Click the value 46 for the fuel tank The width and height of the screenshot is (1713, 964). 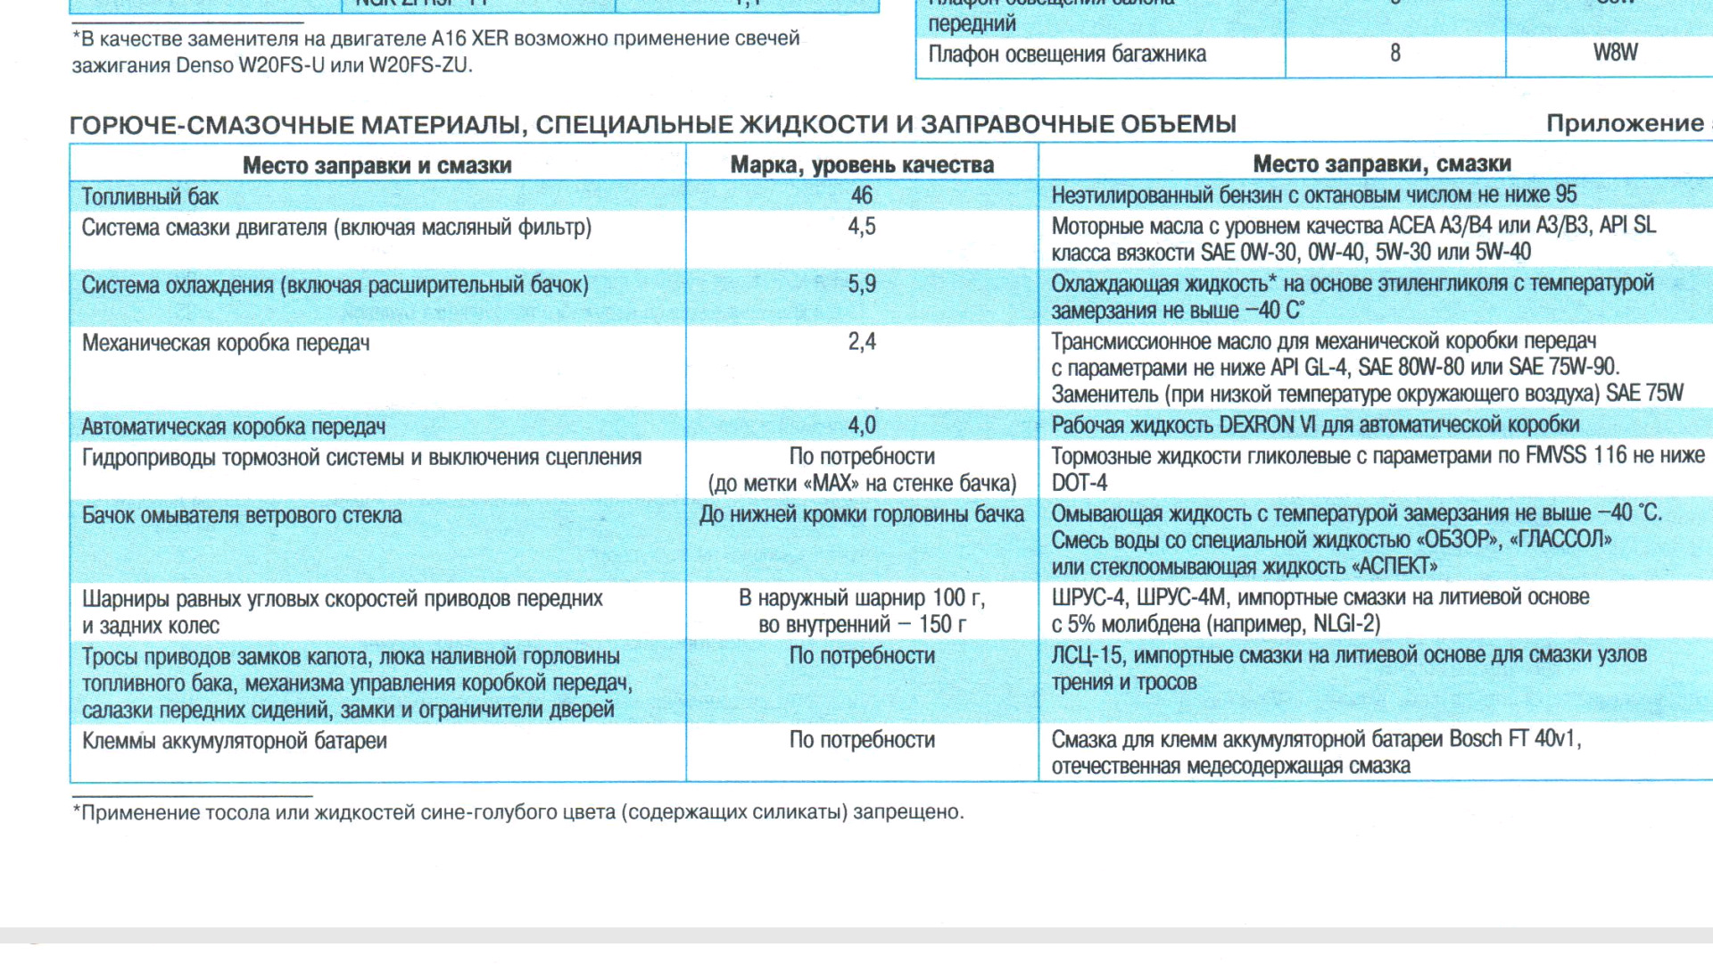coord(861,195)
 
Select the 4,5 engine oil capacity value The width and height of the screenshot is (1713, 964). coord(861,227)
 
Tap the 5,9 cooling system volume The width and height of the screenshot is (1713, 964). coord(861,285)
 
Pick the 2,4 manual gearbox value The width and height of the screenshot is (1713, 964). coord(861,342)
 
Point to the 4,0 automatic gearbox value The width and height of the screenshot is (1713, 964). coord(861,426)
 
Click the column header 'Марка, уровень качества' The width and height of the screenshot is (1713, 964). coord(861,165)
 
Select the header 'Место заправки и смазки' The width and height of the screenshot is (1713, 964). coord(377,165)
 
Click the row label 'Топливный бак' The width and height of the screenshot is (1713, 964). coord(150,196)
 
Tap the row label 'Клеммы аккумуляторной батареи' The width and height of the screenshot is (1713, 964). coord(234,741)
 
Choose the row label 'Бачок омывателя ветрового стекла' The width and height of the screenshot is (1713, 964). coord(242,515)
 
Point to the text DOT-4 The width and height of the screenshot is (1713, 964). coord(1079,483)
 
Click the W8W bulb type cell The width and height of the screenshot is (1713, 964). coord(1615,53)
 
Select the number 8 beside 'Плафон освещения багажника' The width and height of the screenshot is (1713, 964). coord(1394,54)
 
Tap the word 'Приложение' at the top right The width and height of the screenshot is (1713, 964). coord(1624,123)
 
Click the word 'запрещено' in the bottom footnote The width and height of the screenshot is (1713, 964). coord(906,812)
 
